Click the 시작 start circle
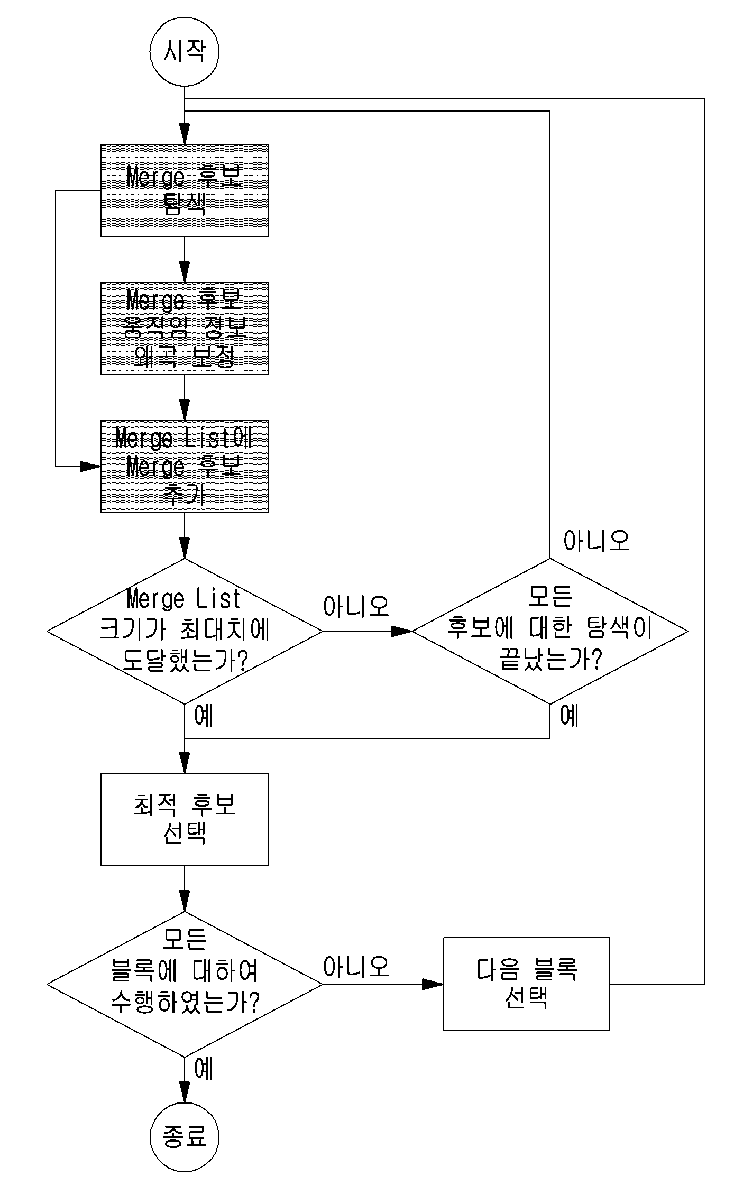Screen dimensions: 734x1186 (x=184, y=52)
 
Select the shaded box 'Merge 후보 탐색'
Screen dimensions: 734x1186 (x=184, y=190)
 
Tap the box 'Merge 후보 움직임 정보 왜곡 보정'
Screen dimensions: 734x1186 (x=184, y=328)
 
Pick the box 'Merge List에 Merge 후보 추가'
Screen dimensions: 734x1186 (x=184, y=466)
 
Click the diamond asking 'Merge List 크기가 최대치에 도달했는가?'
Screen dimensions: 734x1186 (x=185, y=631)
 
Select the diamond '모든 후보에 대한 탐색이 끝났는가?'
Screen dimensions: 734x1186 (x=550, y=631)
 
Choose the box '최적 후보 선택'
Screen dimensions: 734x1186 (x=184, y=819)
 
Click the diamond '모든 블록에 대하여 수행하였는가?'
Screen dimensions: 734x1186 (x=185, y=984)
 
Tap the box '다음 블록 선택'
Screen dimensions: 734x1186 (x=526, y=984)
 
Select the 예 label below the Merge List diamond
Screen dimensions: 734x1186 (x=204, y=716)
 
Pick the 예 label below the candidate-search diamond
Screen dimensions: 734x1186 (x=570, y=716)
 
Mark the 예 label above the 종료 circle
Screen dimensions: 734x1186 (x=204, y=1069)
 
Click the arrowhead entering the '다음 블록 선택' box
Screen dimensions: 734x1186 (x=433, y=984)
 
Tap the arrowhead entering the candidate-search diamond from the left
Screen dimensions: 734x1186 (x=402, y=631)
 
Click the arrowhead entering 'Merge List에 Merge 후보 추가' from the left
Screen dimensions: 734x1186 (x=90, y=466)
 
